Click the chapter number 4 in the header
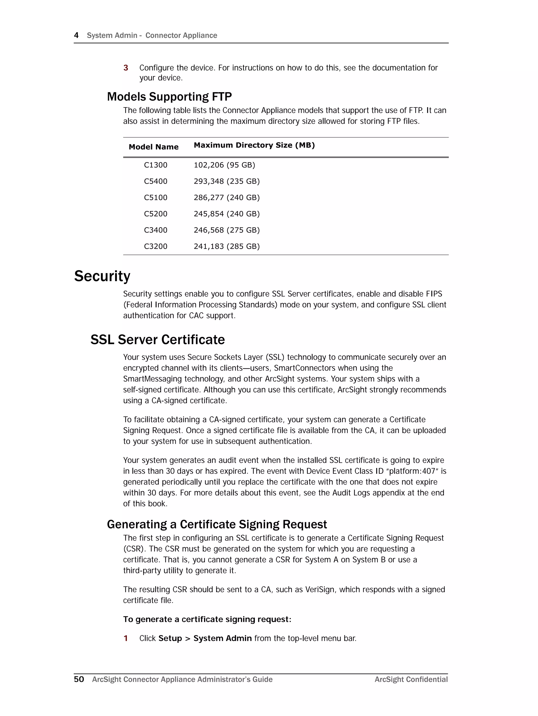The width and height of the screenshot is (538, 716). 76,35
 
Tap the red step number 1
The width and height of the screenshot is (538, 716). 126,638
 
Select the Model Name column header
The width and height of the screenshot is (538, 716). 153,147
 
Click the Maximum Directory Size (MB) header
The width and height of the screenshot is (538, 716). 254,145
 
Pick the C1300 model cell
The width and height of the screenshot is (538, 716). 156,165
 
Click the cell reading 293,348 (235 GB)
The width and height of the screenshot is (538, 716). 227,181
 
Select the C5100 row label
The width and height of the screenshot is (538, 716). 156,197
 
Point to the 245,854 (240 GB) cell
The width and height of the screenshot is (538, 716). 227,214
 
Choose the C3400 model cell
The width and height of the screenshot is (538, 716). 156,230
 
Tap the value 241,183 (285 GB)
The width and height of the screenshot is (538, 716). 227,246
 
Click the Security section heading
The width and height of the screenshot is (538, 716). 102,276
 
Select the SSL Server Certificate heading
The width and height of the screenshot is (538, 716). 157,339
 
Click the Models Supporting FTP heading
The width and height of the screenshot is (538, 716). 169,96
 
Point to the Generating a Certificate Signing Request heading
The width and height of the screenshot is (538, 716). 217,524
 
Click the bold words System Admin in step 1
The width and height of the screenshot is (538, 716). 223,638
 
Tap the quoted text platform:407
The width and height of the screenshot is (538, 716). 412,471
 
